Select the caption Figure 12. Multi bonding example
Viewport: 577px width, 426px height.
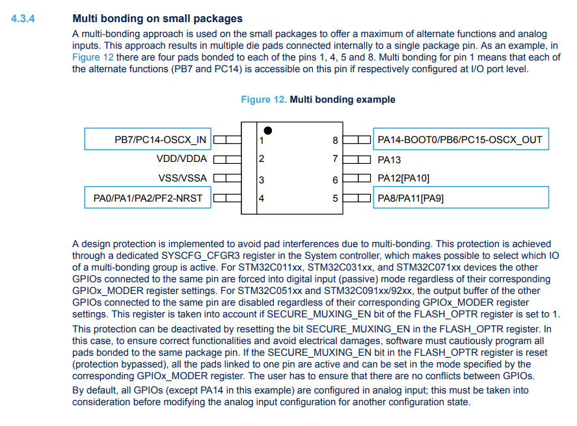[318, 100]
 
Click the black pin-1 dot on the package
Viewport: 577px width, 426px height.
[267, 131]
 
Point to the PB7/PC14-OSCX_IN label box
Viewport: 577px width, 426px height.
[148, 139]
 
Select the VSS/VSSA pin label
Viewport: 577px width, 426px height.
[183, 178]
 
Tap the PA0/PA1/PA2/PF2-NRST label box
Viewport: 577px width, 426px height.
[148, 198]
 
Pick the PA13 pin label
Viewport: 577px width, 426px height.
[389, 159]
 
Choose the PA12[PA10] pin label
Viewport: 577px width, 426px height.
[403, 178]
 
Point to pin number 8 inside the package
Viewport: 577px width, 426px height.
[335, 140]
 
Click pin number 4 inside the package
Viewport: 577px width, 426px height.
[262, 198]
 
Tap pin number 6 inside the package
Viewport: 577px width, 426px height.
[335, 180]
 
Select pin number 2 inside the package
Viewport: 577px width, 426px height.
[262, 159]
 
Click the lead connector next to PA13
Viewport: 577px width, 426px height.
[356, 159]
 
